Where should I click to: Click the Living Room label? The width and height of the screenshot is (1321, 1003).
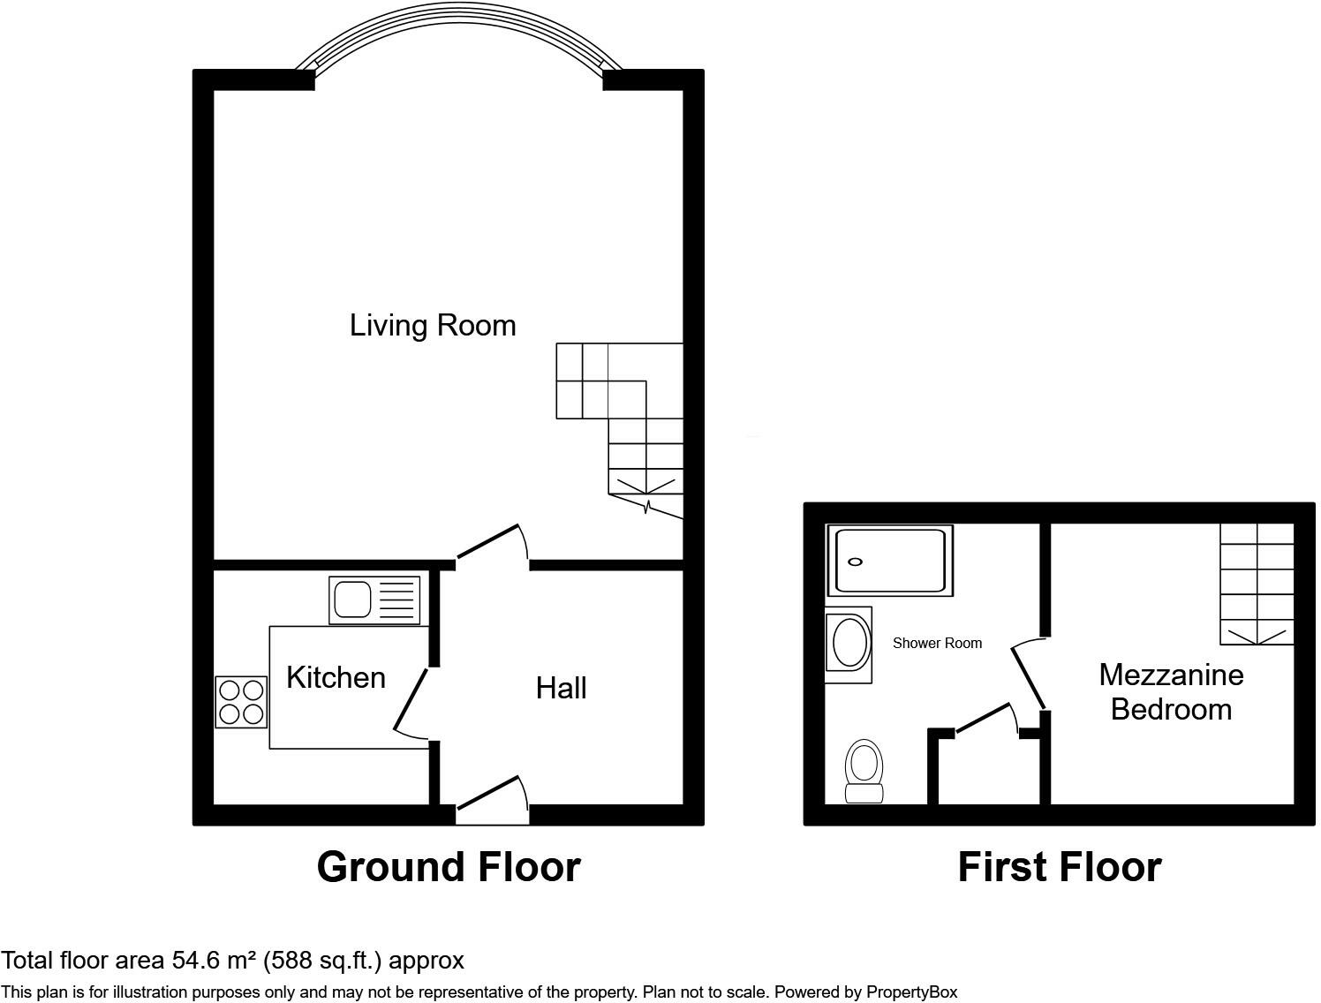(433, 325)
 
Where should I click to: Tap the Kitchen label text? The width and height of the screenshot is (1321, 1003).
(336, 677)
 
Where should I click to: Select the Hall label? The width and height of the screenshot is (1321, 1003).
(561, 688)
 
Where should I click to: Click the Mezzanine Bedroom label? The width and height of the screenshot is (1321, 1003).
(1171, 691)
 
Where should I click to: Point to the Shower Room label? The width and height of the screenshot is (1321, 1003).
(937, 643)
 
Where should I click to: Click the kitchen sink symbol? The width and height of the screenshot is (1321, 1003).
(374, 600)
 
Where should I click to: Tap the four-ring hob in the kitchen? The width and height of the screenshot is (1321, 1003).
(241, 702)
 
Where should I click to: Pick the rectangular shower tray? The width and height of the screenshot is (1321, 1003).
(889, 561)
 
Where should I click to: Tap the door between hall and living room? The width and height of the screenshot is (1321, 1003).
(492, 544)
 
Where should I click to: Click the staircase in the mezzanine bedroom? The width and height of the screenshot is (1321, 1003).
(1257, 583)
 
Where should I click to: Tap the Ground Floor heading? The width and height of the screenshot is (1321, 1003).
(449, 867)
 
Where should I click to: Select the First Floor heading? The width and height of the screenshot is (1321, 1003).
(1059, 867)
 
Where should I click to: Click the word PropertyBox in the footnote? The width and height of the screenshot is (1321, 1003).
(911, 992)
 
